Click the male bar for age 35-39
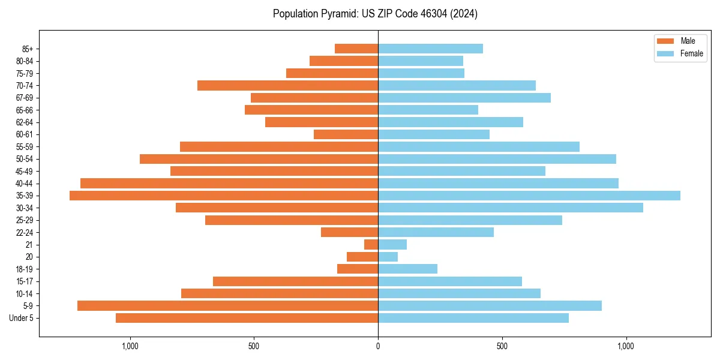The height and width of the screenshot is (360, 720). click(224, 196)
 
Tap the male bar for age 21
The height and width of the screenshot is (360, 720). click(371, 244)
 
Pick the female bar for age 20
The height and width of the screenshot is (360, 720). click(388, 257)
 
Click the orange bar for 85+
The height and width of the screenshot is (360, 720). click(356, 49)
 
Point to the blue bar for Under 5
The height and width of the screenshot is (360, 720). click(473, 318)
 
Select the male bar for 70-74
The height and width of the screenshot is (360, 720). click(288, 85)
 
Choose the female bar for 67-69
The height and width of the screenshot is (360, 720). click(464, 98)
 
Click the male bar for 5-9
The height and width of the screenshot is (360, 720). click(228, 305)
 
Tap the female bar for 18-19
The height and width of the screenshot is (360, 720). click(408, 269)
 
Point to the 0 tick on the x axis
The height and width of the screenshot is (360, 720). click(378, 346)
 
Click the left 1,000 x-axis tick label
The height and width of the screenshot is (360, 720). click(130, 346)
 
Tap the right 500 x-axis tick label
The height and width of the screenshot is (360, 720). click(502, 346)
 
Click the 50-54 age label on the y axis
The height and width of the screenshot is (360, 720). click(25, 159)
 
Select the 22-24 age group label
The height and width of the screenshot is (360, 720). click(25, 232)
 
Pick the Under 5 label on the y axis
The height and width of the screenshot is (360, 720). click(22, 318)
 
